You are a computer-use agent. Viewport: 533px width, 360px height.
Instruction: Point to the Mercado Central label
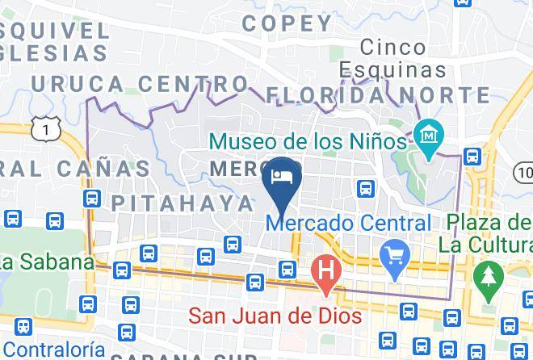354,223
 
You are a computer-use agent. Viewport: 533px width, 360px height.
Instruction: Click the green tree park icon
486,274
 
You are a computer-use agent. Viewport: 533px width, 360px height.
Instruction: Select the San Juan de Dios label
275,315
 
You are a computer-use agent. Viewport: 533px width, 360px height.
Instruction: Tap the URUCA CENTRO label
139,84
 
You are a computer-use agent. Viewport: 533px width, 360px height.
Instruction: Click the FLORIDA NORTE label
378,95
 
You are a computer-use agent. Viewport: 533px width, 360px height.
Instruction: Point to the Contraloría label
58,350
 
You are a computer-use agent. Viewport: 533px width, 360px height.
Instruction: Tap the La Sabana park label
46,263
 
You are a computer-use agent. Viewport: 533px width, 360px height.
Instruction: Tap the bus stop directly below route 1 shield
91,197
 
